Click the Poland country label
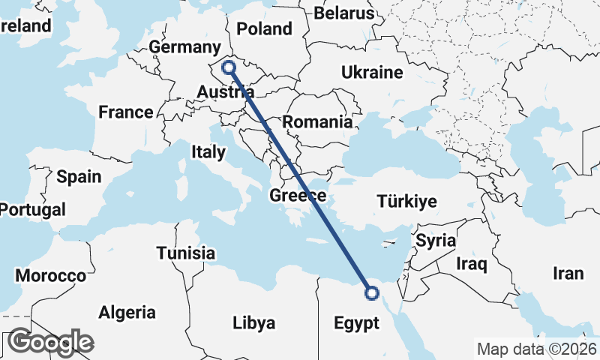pos(264,29)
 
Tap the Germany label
pos(184,47)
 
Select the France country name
pos(126,112)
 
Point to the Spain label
pos(79,177)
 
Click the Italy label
pos(208,152)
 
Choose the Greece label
pos(298,196)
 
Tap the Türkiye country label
pos(406,202)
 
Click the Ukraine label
pos(372,73)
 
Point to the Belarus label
pos(343,13)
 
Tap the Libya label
pos(253,324)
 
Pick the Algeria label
pos(127,312)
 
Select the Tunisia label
pos(186,253)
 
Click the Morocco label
pos(51,275)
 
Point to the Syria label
pos(436,241)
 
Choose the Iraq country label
pos(472,264)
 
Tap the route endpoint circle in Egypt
pos(371,293)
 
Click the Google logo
pos(51,342)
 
